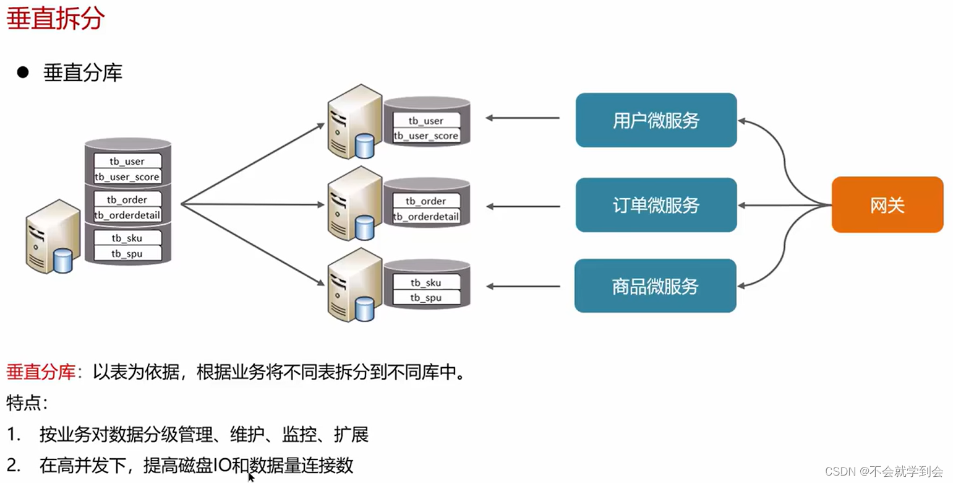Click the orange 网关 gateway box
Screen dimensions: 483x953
[887, 205]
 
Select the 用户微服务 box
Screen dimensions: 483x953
[656, 120]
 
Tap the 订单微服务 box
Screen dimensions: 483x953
[656, 205]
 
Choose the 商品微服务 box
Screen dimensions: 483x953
[655, 286]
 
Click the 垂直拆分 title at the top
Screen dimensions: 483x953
[56, 19]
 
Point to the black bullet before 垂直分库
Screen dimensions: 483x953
[24, 72]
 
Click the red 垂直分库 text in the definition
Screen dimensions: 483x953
[41, 373]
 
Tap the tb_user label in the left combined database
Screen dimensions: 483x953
[127, 162]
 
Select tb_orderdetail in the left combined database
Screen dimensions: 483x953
[127, 215]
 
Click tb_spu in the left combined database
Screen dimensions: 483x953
[127, 253]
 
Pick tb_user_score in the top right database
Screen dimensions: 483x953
[426, 136]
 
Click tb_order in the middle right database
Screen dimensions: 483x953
[425, 201]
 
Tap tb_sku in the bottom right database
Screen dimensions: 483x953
[425, 283]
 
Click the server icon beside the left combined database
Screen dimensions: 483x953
[52, 236]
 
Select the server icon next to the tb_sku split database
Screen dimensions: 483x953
[354, 285]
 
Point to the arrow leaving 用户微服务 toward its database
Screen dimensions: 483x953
[522, 118]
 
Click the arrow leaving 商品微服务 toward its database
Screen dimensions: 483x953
[522, 286]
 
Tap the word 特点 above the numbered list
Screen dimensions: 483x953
[26, 404]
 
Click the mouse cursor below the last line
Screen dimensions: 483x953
[251, 477]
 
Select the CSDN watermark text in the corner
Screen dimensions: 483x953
[884, 471]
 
